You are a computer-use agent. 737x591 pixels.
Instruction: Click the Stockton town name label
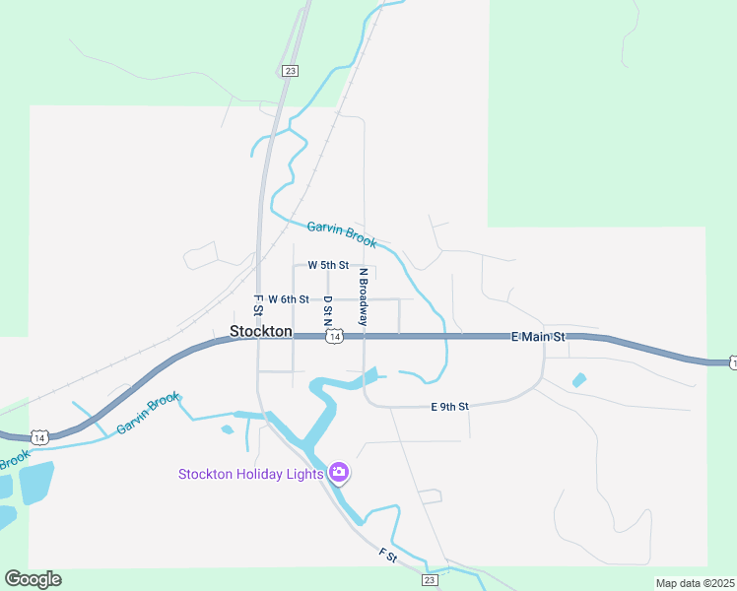tap(260, 332)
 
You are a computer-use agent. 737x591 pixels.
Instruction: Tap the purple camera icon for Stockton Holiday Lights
tap(339, 474)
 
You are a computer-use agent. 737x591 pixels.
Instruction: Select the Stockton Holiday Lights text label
tap(250, 474)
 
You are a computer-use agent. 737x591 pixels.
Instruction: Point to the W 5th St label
tap(328, 265)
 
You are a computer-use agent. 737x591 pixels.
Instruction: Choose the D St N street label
tap(328, 310)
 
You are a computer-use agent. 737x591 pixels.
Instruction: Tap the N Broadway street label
tap(363, 297)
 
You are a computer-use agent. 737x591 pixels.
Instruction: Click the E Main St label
tap(538, 337)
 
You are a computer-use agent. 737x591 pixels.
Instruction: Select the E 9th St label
tap(449, 406)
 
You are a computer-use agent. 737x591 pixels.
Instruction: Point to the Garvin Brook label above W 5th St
tap(341, 234)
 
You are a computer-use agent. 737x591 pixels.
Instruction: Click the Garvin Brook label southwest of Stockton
tap(148, 415)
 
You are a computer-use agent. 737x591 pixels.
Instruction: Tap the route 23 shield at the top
tap(289, 71)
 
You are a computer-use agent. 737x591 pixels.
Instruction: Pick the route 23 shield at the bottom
tap(430, 580)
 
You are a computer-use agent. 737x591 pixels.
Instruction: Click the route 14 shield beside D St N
tap(335, 337)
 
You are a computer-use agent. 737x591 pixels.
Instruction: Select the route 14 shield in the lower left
tap(39, 436)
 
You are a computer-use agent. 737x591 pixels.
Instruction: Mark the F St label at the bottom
tap(387, 558)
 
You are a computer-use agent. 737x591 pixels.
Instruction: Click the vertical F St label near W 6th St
tap(257, 304)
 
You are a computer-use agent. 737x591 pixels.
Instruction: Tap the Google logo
tap(33, 579)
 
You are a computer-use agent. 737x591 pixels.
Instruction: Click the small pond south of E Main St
tap(579, 379)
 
